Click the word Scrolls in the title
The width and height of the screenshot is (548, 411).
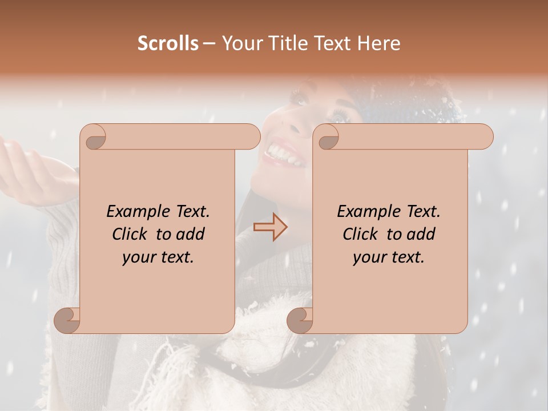pos(168,43)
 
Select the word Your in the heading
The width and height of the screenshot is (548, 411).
pos(239,43)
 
